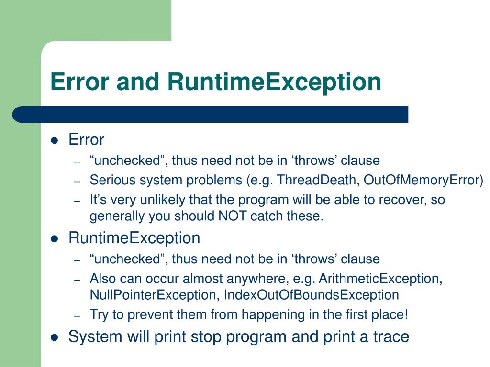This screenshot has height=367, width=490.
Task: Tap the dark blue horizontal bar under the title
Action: pyautogui.click(x=211, y=115)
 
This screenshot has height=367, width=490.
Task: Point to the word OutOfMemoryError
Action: pyautogui.click(x=422, y=180)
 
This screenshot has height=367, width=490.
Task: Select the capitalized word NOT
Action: pyautogui.click(x=232, y=216)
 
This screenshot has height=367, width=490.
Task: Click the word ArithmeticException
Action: pyautogui.click(x=380, y=279)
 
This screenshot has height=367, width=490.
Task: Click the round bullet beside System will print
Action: pyautogui.click(x=55, y=337)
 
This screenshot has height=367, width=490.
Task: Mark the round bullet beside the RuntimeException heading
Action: pyautogui.click(x=55, y=238)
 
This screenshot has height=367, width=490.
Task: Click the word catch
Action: pyautogui.click(x=266, y=216)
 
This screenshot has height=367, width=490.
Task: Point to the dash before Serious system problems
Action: pyautogui.click(x=78, y=181)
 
